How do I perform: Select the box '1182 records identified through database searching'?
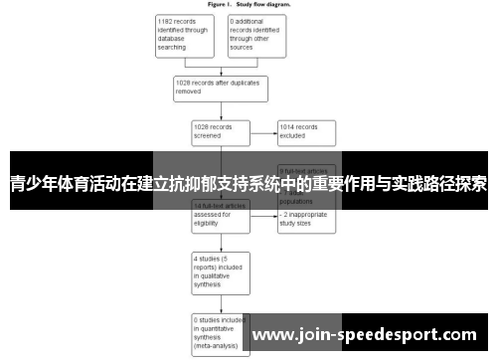pos(186,34)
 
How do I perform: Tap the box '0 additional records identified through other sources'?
pos(255,34)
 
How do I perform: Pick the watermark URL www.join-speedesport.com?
pos(377,334)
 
